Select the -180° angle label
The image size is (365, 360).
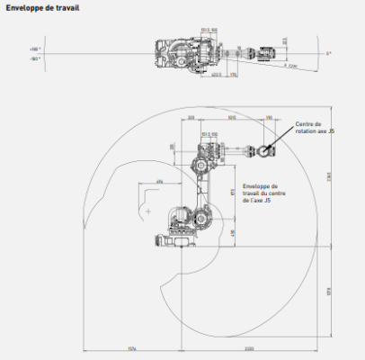pos(35,57)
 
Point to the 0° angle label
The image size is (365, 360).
pos(329,54)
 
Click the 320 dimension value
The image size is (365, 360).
pos(192,118)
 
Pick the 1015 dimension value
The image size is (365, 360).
pos(231,118)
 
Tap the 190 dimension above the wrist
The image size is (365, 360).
pos(268,118)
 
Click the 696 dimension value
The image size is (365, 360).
pos(159,182)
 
